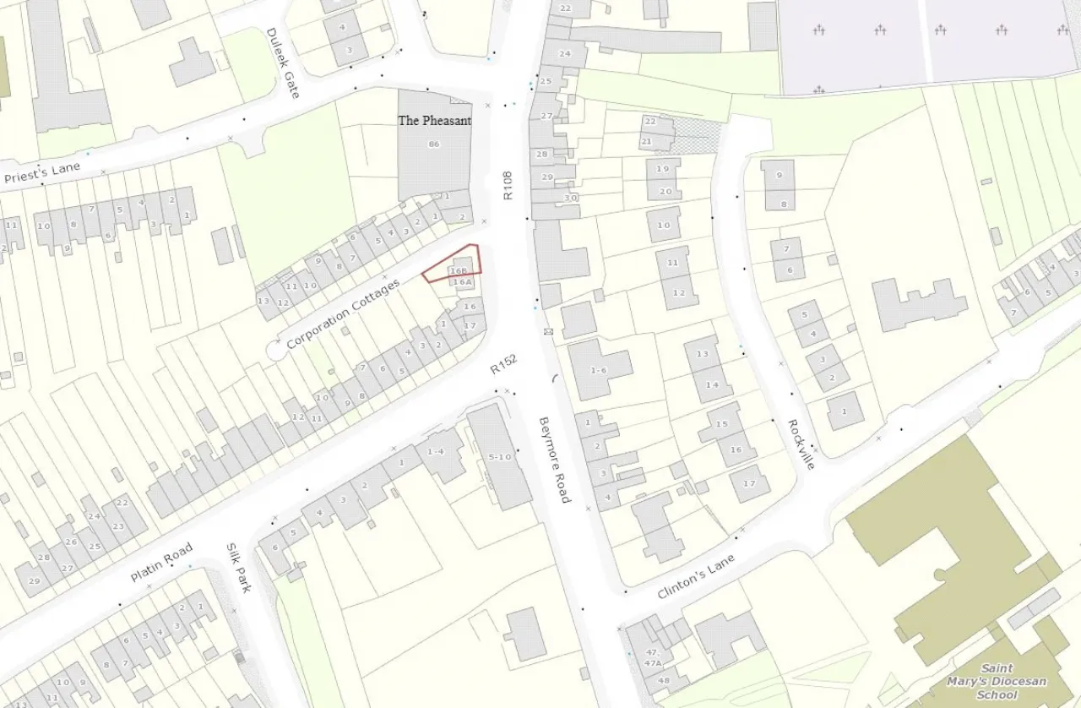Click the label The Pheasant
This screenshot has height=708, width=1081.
click(434, 121)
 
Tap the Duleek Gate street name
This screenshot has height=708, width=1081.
click(283, 63)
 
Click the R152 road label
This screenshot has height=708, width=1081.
click(503, 364)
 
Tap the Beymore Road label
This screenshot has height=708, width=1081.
click(555, 459)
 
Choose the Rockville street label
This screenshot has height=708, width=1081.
click(801, 444)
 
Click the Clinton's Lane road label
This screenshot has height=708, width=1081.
click(696, 576)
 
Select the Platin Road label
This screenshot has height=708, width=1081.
click(161, 562)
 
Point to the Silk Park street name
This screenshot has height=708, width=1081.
click(238, 567)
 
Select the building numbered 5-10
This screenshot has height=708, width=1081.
click(500, 457)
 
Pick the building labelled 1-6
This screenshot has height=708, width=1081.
click(599, 370)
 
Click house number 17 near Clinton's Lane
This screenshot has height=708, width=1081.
click(748, 483)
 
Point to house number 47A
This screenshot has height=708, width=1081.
click(652, 663)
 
